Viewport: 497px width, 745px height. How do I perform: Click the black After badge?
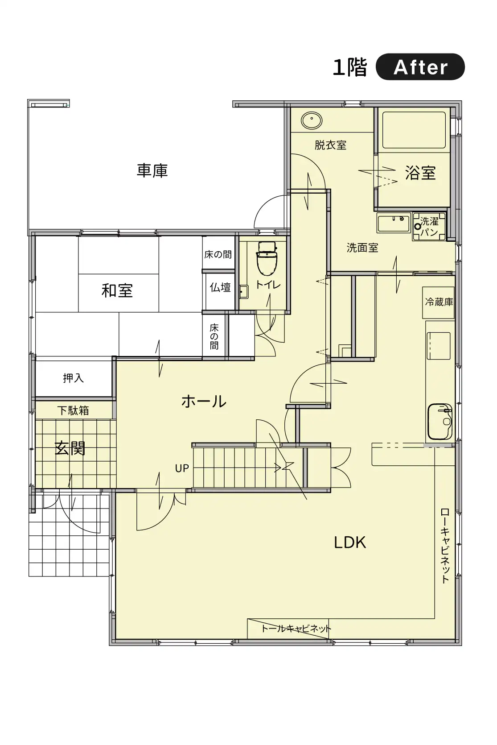(x=420, y=67)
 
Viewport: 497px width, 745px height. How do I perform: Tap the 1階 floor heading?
(x=350, y=67)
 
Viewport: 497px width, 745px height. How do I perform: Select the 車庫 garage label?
(x=152, y=170)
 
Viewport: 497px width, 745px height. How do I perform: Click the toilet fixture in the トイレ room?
(x=267, y=258)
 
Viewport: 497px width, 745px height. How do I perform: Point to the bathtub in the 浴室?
(x=414, y=130)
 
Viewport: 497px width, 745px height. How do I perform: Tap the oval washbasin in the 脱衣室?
(x=312, y=120)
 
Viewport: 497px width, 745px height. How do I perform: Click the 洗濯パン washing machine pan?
(x=429, y=227)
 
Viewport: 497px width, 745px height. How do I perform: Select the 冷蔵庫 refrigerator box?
(x=439, y=302)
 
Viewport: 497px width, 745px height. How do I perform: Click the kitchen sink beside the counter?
(x=440, y=422)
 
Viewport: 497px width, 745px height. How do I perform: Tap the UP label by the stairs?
(x=182, y=468)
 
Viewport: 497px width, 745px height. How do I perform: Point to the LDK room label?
(x=350, y=542)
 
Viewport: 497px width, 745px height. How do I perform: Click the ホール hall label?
(x=204, y=401)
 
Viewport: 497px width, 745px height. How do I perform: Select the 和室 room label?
(x=117, y=290)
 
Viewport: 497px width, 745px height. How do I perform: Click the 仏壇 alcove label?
(x=220, y=287)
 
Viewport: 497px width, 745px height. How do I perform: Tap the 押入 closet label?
(x=73, y=378)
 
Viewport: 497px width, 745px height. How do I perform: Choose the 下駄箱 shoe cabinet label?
(x=73, y=411)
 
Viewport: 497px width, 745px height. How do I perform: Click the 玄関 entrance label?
(x=70, y=448)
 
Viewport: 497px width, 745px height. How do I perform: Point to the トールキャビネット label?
(x=296, y=629)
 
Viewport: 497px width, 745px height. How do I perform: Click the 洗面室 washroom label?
(x=362, y=248)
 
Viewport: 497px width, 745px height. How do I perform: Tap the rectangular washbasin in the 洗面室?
(x=394, y=223)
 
